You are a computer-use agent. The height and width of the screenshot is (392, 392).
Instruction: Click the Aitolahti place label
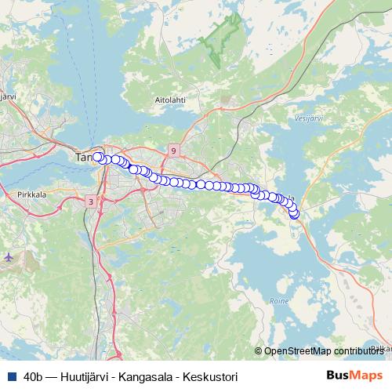169,101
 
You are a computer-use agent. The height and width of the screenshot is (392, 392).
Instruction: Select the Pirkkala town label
31,191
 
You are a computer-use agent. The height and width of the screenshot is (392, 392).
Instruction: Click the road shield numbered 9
173,150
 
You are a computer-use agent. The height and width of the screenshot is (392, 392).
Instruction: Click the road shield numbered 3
91,201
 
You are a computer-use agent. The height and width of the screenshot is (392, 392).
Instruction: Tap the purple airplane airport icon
9,256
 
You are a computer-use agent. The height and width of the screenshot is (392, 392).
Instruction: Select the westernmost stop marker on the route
98,157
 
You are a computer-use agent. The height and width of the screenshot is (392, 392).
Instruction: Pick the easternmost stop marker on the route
295,214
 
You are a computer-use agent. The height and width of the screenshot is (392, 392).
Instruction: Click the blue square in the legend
11,376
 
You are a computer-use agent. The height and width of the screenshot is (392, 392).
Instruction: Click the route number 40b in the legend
34,376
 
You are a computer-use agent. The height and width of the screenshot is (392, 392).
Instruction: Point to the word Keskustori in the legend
212,376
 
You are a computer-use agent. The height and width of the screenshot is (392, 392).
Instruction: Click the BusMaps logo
354,376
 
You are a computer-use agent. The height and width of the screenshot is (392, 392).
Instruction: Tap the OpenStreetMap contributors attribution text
327,352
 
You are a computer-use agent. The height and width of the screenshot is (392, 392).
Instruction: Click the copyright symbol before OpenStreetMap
260,352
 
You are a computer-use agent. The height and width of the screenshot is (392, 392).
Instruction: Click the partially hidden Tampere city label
83,158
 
